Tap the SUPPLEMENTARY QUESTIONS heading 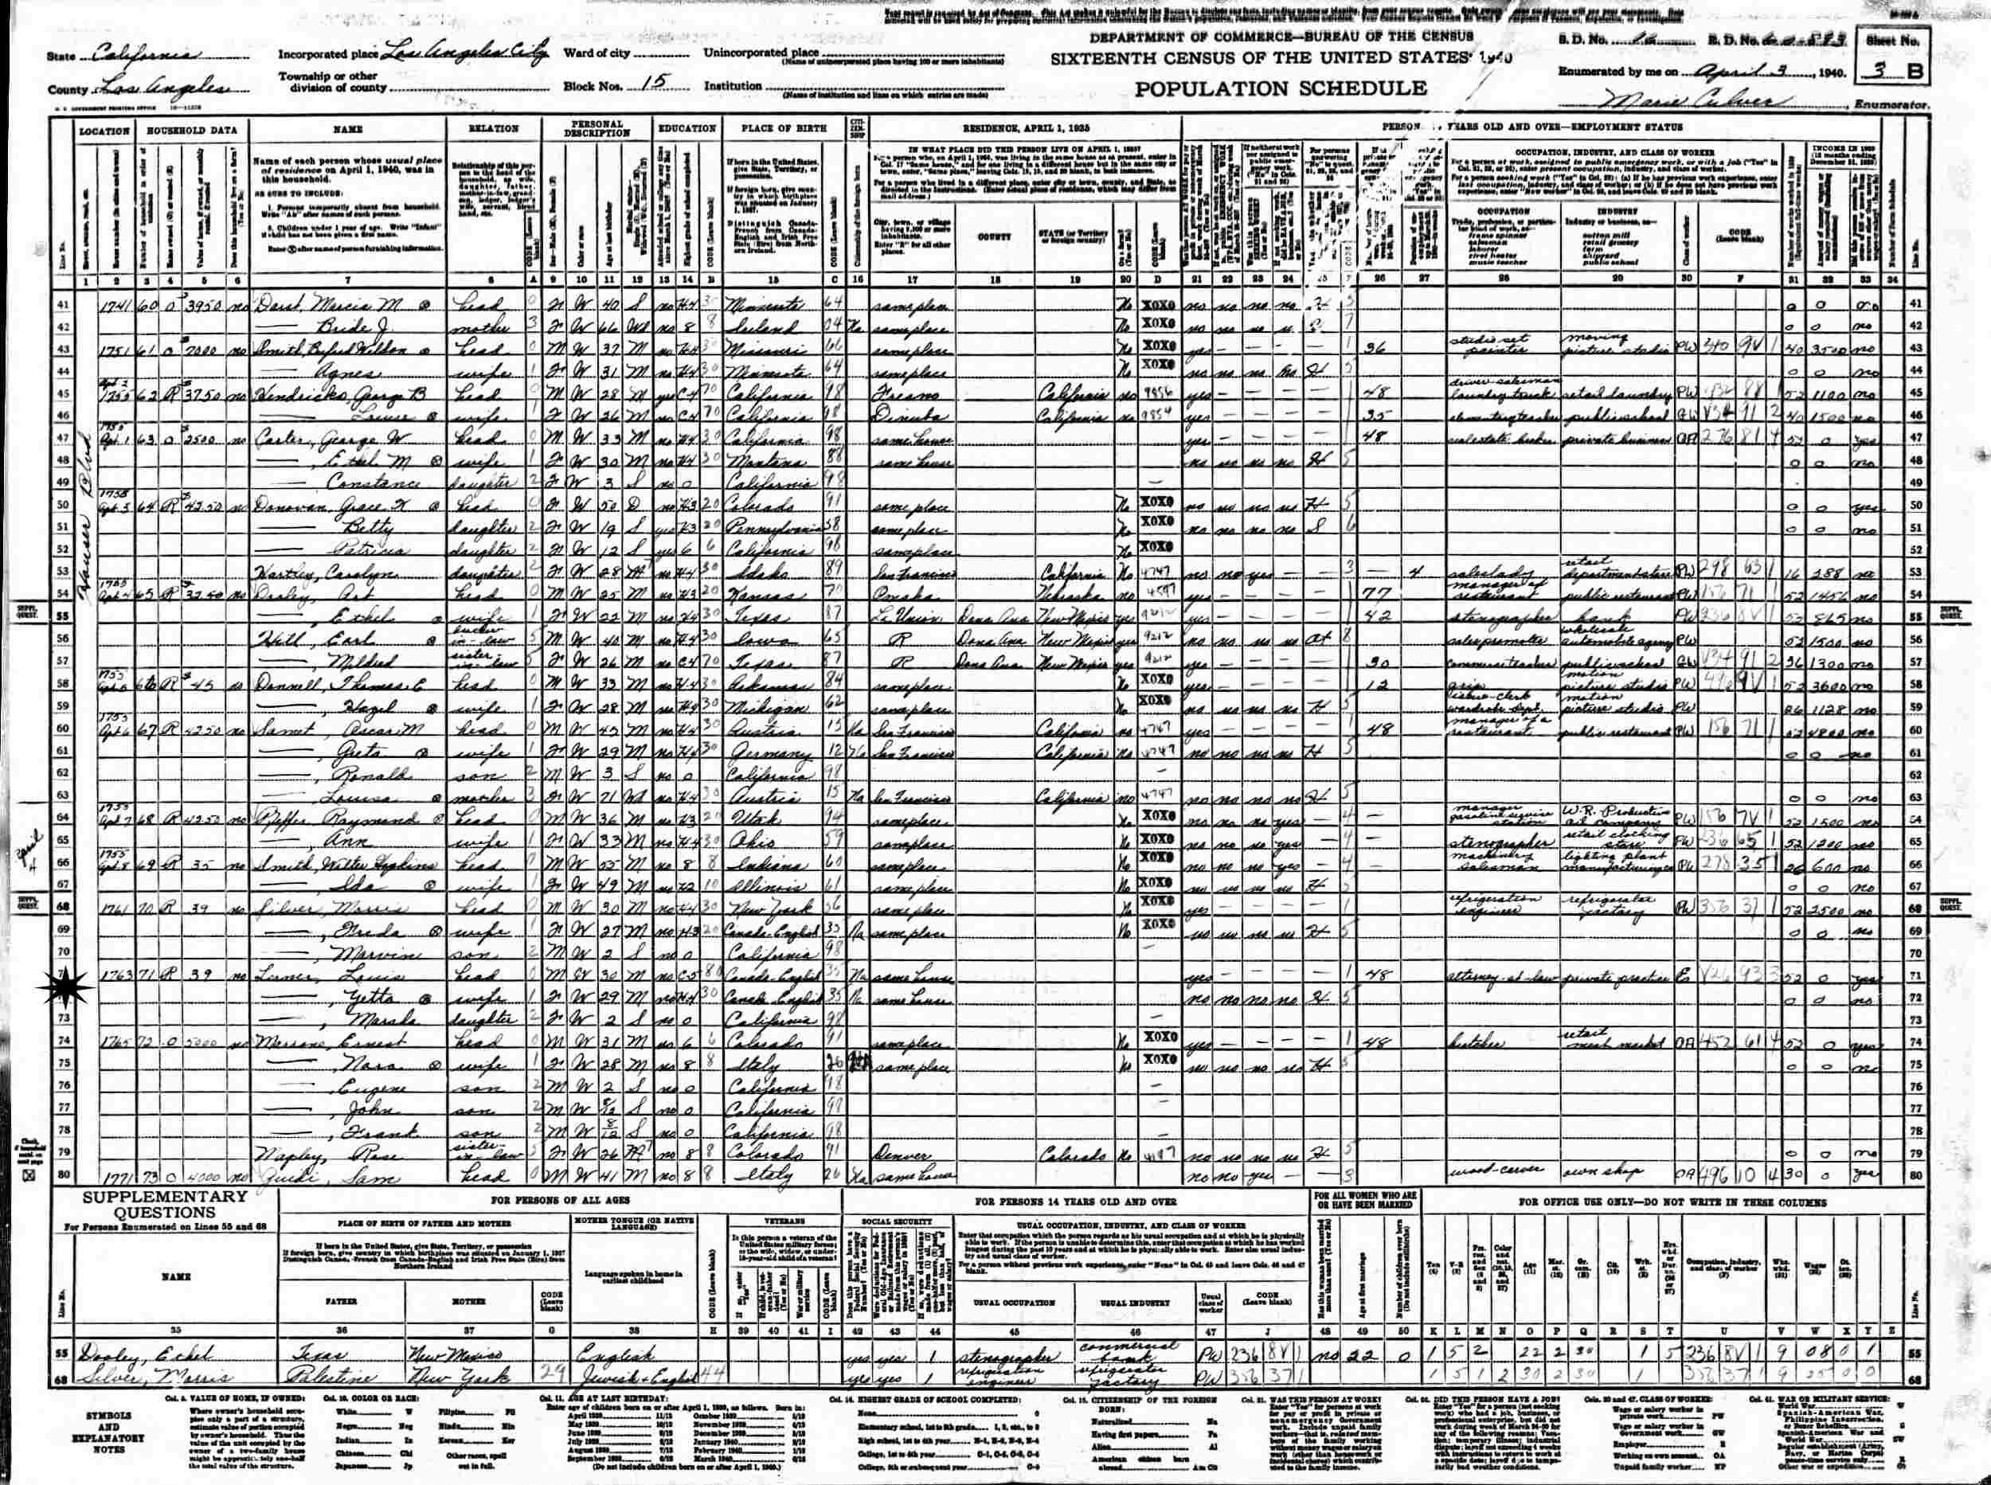pyautogui.click(x=166, y=1204)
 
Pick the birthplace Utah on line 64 pyautogui.click(x=765, y=818)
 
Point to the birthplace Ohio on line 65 pyautogui.click(x=765, y=841)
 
